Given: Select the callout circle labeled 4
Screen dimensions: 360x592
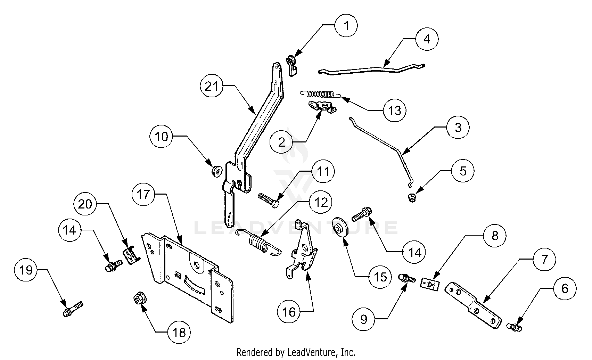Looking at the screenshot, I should coord(427,39).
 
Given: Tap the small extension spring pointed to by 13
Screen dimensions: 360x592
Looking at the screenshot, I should coord(320,93).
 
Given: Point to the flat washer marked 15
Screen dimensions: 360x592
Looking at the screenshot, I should coord(340,227).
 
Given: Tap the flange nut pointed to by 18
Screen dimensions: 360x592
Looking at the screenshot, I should coord(140,299).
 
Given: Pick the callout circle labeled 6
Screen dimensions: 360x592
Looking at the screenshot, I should coord(565,288).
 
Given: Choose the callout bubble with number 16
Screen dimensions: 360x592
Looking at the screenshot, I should coord(289,312).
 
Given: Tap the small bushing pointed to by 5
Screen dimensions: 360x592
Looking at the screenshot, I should coord(412,198).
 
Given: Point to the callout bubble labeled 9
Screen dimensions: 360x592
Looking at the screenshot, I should coord(363,319).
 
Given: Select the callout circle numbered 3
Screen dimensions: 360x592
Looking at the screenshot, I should coord(458,128).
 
